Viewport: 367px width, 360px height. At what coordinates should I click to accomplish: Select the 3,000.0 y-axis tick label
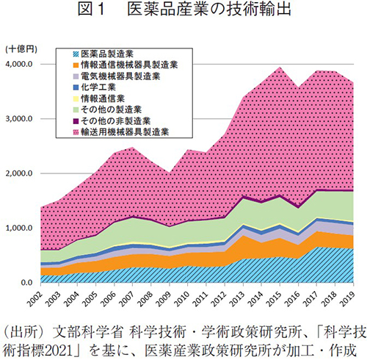coord(19,118)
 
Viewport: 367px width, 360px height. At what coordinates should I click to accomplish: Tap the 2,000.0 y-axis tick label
coord(19,173)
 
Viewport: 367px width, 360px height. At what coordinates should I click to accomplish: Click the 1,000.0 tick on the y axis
coord(19,228)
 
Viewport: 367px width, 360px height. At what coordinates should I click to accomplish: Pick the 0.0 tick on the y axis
coord(26,283)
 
